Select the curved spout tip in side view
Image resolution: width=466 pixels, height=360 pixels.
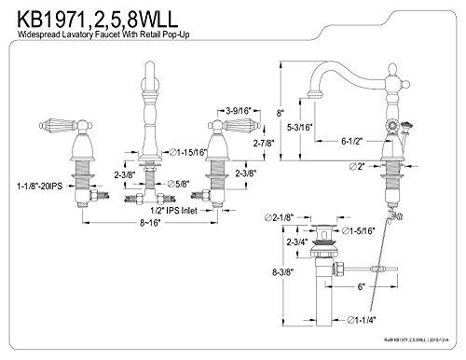pos(309,93)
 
